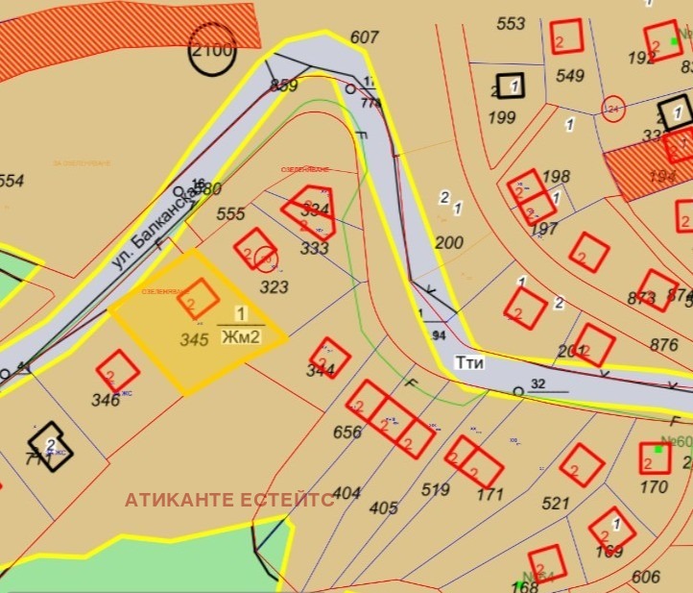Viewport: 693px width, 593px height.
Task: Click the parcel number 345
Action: coord(195,338)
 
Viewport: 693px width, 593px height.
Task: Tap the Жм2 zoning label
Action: coord(241,336)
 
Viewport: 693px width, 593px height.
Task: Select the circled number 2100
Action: coord(212,50)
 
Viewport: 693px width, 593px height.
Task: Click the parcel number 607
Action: coord(365,37)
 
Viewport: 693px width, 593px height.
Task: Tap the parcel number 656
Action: coord(347,432)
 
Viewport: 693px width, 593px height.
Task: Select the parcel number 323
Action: coord(275,286)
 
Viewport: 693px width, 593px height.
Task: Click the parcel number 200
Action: coord(449,242)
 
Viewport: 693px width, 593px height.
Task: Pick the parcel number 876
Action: coord(663,345)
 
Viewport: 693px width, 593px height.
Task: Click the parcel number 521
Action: coord(556,503)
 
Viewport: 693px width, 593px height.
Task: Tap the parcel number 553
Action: coord(512,23)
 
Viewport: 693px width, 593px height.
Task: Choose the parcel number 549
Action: coord(570,76)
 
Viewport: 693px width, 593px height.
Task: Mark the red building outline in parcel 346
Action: coord(119,369)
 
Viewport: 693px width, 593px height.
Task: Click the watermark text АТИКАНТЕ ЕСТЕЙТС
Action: coord(229,500)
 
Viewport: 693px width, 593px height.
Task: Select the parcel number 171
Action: coord(490,495)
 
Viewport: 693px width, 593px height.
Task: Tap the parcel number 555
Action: coord(231,214)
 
